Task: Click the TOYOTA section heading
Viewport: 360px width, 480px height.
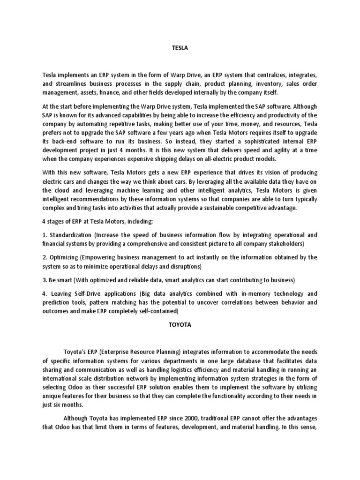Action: [180, 323]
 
